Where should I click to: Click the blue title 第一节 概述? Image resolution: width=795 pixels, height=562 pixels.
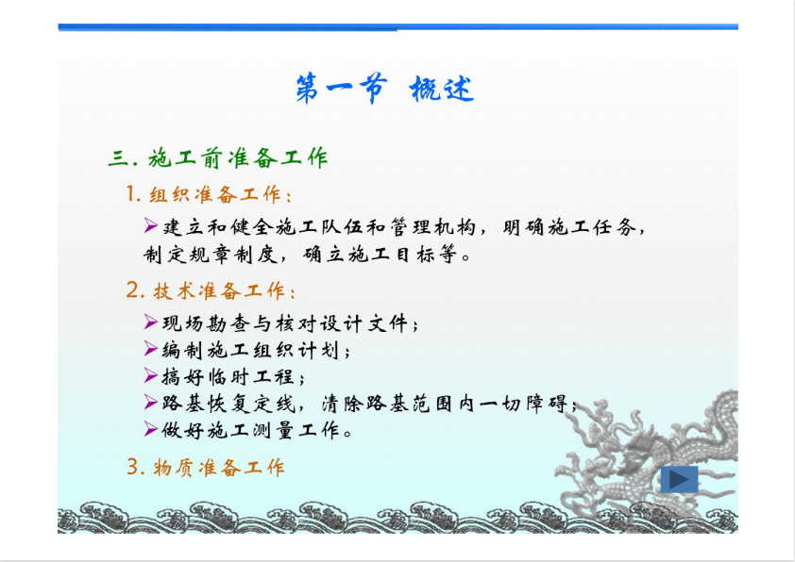tap(385, 89)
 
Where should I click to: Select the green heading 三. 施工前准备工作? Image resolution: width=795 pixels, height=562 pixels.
tap(218, 158)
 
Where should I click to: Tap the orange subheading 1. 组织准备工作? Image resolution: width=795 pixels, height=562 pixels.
tap(209, 194)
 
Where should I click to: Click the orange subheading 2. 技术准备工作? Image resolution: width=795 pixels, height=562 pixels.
tap(211, 290)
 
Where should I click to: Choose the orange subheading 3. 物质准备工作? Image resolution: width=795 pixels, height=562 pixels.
tap(205, 468)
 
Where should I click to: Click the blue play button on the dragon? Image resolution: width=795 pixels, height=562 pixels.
tap(679, 479)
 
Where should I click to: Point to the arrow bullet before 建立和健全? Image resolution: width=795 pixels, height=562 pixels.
tap(150, 225)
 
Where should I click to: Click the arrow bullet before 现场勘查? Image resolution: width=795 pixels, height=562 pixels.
tap(150, 322)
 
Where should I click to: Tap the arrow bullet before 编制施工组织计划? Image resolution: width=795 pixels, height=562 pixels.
tap(150, 348)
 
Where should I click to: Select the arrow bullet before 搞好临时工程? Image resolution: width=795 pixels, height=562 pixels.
tap(150, 375)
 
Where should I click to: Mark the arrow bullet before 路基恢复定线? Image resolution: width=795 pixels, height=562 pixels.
tap(150, 402)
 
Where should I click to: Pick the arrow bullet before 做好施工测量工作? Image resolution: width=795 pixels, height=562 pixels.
tap(150, 429)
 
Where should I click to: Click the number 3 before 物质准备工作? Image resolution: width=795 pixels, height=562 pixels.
tap(132, 467)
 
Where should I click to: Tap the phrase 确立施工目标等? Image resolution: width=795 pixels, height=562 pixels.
tap(381, 255)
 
